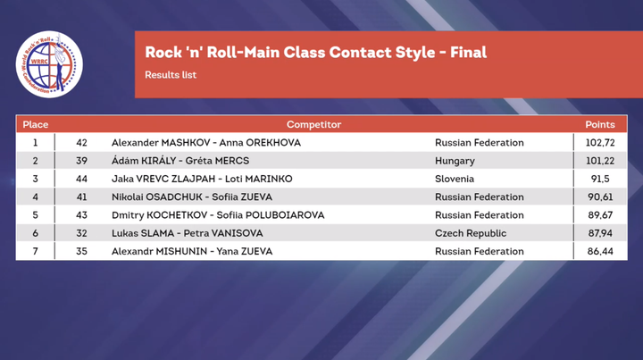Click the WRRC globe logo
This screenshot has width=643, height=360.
pos(49,64)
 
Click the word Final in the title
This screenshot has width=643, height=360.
pos(468,52)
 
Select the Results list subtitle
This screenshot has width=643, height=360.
pos(171,75)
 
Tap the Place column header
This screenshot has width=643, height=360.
pos(35,125)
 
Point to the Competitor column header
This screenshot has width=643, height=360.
pos(313,125)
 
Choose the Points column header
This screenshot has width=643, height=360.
pos(600,125)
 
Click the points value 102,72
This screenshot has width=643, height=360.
pos(600,143)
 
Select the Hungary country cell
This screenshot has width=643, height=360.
pos(455,161)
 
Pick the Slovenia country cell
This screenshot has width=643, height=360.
pos(455,179)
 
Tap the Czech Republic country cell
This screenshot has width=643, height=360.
pos(471,233)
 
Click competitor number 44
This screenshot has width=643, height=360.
pos(81,179)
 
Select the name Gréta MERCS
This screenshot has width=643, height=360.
pos(217,161)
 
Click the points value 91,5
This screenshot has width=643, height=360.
pos(600,179)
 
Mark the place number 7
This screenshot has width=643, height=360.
pos(35,251)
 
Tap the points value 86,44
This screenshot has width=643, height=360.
pos(600,251)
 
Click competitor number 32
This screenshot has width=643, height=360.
pos(81,233)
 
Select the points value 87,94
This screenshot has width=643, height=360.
pos(600,233)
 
